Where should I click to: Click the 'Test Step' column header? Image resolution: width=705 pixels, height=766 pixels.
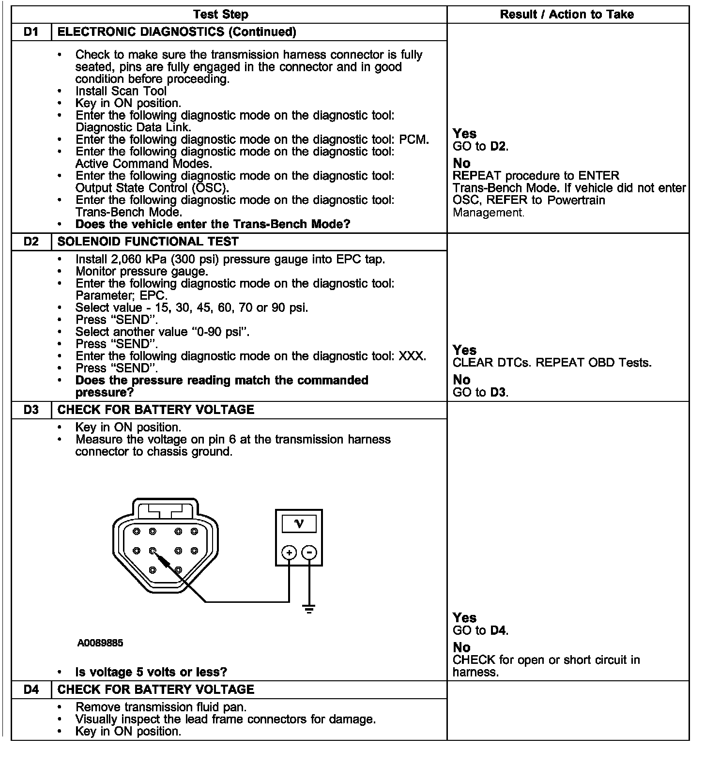tap(221, 14)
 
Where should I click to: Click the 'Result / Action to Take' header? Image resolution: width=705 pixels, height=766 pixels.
tap(567, 14)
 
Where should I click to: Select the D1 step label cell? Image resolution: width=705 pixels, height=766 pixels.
tap(31, 32)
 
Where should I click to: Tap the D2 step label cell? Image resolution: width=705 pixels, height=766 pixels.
tap(31, 242)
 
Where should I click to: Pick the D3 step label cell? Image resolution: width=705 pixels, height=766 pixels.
tap(31, 410)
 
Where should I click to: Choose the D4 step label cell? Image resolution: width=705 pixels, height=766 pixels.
tap(31, 689)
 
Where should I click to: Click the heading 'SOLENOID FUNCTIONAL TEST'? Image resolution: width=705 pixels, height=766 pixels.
tap(148, 242)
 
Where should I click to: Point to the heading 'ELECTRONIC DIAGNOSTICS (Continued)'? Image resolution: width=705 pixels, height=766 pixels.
tap(177, 32)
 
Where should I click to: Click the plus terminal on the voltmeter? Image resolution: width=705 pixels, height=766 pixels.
tap(289, 552)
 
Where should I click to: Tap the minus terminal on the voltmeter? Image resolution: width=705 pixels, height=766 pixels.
tap(309, 552)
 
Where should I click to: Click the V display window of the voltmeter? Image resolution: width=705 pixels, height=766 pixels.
tap(299, 523)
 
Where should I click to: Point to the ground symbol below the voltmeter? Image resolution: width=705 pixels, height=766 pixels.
tap(309, 609)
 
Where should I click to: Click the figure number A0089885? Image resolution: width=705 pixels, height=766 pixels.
tap(100, 643)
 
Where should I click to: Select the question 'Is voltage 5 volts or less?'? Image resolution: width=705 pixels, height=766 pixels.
tap(151, 672)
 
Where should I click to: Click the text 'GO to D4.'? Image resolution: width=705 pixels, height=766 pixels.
tap(480, 630)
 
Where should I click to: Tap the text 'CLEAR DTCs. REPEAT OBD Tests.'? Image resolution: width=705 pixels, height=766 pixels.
tap(552, 363)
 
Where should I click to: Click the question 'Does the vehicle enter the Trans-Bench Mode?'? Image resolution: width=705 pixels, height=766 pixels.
tap(213, 224)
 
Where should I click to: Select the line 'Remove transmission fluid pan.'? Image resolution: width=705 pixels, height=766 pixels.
tap(161, 707)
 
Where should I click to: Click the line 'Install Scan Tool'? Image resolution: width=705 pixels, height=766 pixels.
tap(121, 91)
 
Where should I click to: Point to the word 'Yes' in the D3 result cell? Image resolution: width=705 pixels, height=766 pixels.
tap(464, 618)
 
